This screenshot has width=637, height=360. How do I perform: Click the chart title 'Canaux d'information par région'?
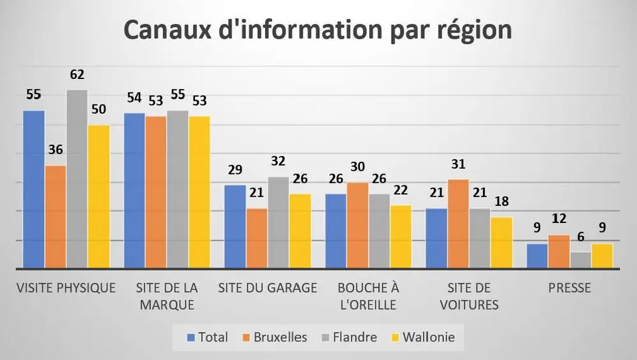click(x=317, y=30)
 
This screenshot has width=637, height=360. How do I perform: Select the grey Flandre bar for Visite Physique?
click(x=77, y=178)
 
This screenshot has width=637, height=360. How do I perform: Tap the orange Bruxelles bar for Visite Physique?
click(x=55, y=217)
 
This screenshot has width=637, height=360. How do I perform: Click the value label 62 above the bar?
click(x=77, y=75)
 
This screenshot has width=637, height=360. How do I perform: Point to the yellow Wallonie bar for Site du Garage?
click(x=300, y=231)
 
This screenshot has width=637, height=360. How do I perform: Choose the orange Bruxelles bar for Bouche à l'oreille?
click(x=358, y=225)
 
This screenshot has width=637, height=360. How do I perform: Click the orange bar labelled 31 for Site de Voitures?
click(x=459, y=224)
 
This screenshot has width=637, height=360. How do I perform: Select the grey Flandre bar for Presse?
click(x=580, y=260)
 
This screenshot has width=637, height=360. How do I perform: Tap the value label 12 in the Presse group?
click(x=559, y=219)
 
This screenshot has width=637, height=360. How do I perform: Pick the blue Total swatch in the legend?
click(x=190, y=337)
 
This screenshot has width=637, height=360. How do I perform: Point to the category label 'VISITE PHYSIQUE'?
click(x=66, y=288)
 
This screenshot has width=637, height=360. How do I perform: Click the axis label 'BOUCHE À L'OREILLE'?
click(x=368, y=296)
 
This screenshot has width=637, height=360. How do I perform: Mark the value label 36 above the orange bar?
click(x=55, y=150)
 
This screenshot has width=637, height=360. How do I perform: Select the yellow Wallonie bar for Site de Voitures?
click(x=501, y=242)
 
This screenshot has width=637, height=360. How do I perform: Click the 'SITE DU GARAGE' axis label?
click(x=268, y=288)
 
